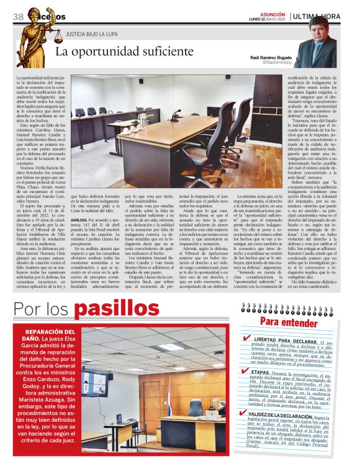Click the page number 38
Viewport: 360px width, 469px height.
18,16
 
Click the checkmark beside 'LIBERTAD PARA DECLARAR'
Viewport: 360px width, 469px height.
247,338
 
